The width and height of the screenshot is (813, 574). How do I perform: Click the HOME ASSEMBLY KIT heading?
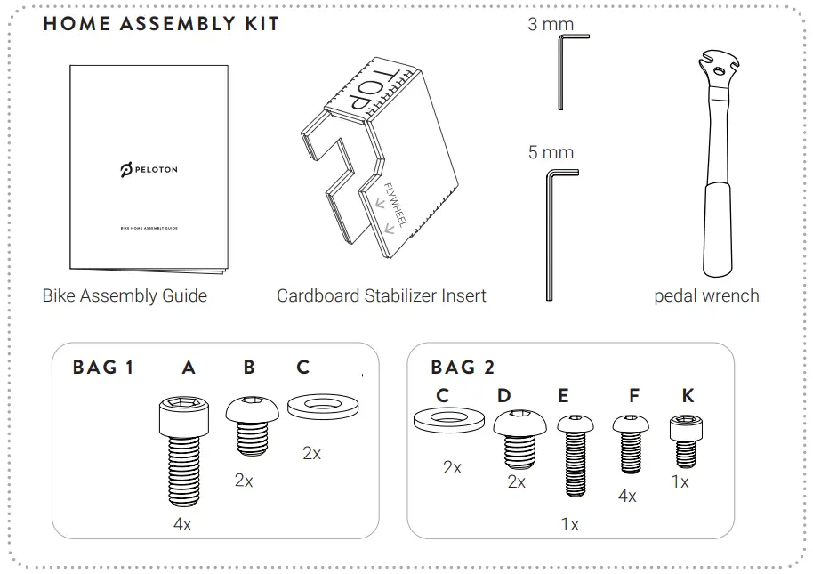[x=161, y=24]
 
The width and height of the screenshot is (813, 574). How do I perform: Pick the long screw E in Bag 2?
[x=575, y=455]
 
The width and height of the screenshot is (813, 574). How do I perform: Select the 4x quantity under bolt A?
[x=182, y=525]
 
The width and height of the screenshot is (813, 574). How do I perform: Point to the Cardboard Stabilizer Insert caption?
[x=382, y=295]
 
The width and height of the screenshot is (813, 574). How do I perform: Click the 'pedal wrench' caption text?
[x=706, y=295]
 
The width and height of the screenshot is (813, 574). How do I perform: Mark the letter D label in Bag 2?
[x=504, y=395]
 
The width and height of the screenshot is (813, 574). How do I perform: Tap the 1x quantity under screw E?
[x=569, y=525]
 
